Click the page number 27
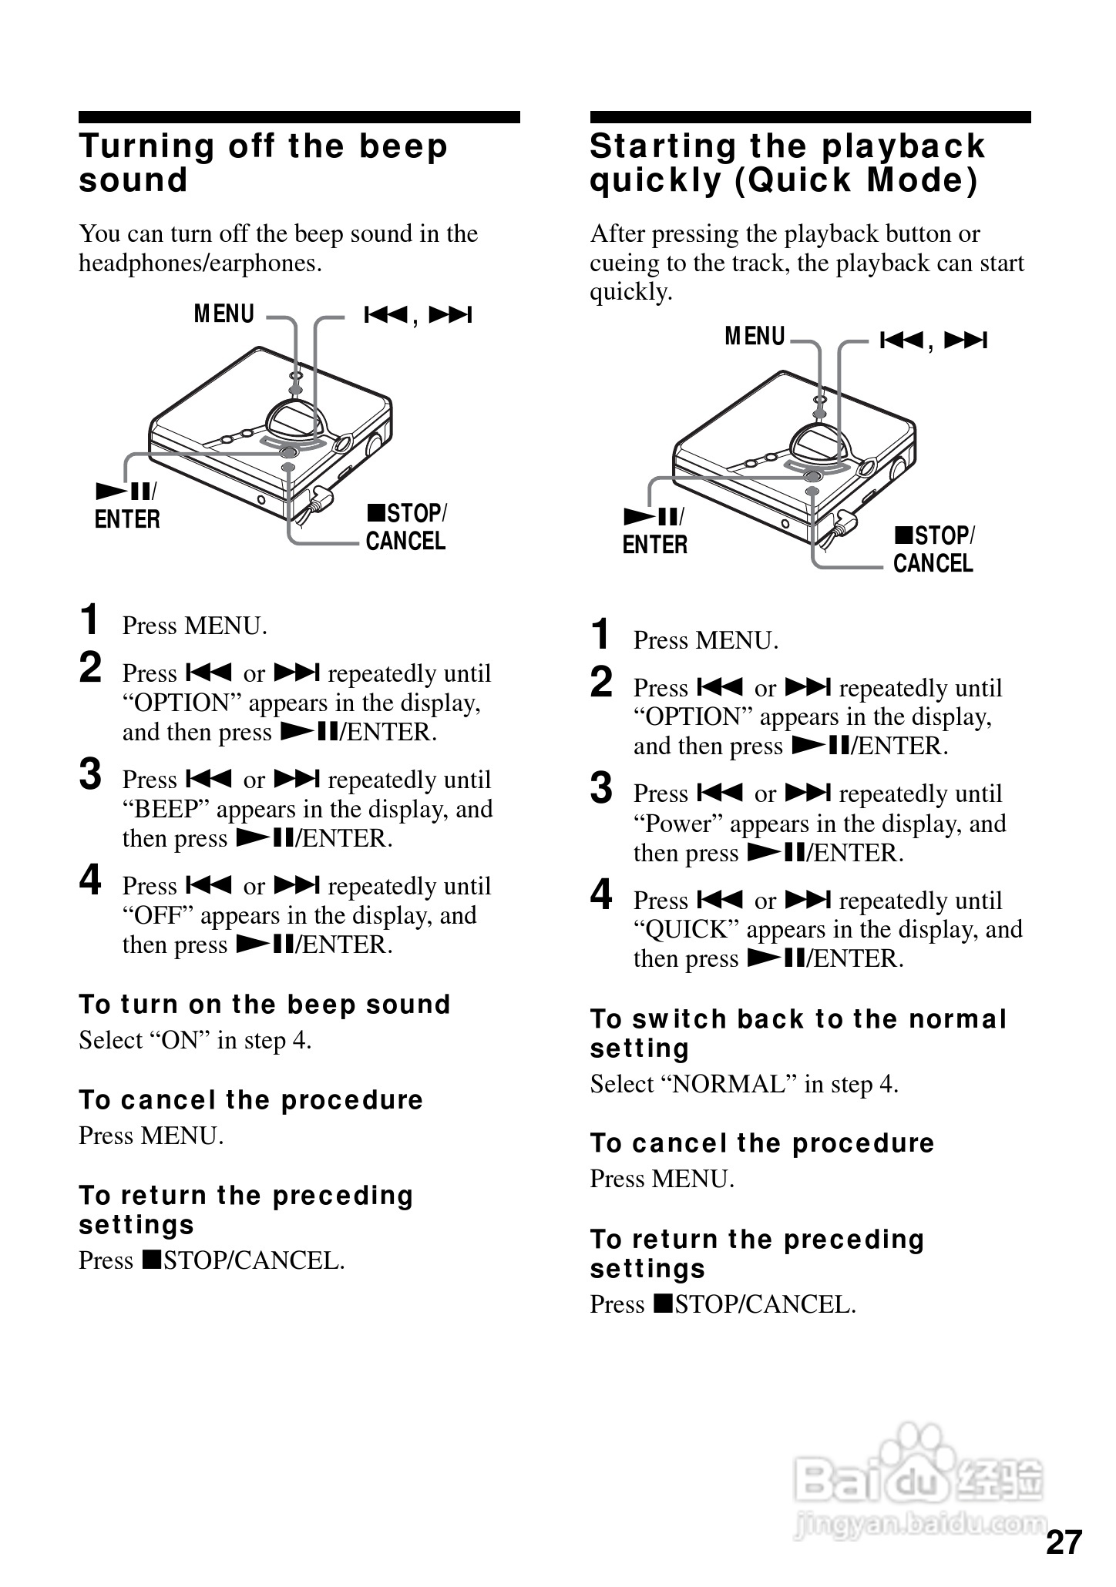click(1064, 1542)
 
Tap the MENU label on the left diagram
click(224, 314)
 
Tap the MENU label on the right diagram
click(755, 337)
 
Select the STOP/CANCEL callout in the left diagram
click(406, 528)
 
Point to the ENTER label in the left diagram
click(127, 520)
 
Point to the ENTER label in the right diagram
click(654, 545)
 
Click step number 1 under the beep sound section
click(90, 621)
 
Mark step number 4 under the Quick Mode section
click(601, 896)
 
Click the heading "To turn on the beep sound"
click(264, 1005)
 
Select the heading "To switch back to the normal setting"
click(798, 1033)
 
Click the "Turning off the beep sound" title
click(263, 163)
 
